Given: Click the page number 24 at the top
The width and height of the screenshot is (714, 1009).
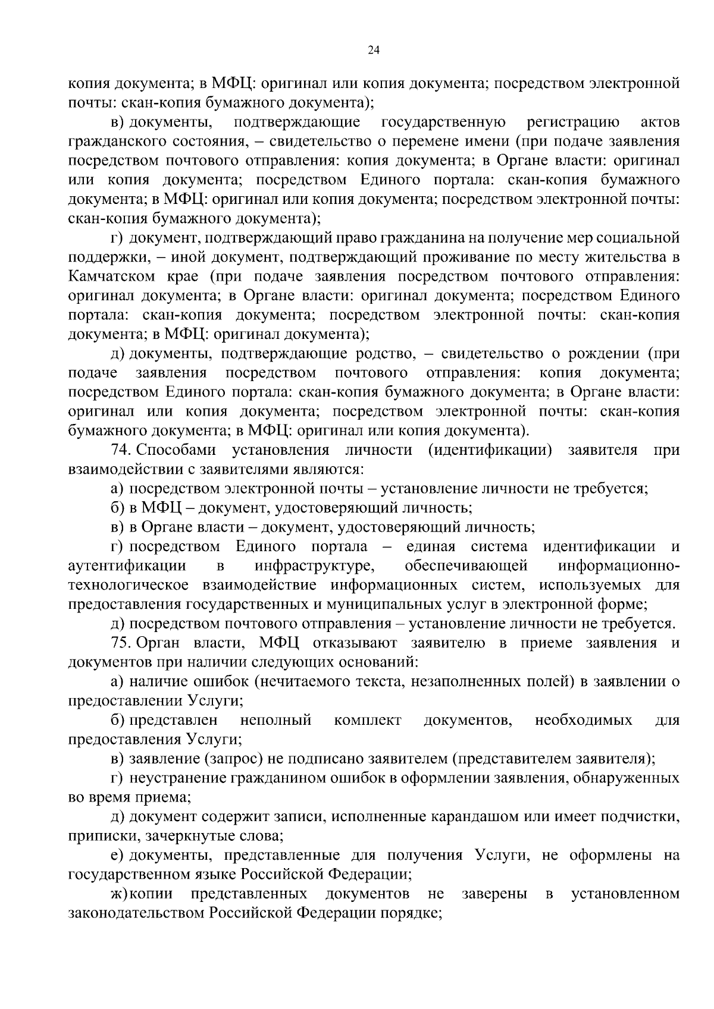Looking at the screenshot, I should (x=374, y=50).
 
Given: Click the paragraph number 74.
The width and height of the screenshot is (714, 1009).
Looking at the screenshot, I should (x=120, y=450).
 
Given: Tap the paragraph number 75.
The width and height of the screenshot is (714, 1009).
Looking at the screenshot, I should (x=120, y=643).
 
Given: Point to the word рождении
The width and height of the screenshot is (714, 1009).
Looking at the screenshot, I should (x=601, y=354).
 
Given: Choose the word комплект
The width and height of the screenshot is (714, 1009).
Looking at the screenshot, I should (x=368, y=721).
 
